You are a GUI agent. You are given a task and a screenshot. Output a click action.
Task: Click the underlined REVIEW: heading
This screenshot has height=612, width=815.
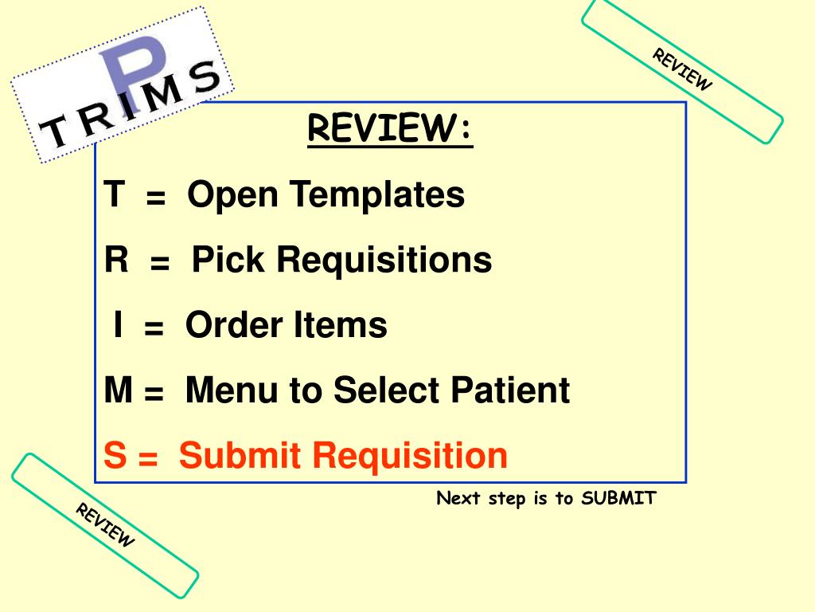pyautogui.click(x=390, y=129)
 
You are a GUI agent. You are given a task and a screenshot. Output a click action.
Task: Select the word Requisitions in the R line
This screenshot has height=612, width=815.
pyautogui.click(x=384, y=260)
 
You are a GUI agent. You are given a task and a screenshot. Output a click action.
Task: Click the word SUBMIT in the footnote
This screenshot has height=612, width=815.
pyautogui.click(x=618, y=499)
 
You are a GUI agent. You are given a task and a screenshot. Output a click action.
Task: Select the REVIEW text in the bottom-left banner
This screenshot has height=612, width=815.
pyautogui.click(x=106, y=525)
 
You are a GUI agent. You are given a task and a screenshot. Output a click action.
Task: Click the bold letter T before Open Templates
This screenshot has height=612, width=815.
pyautogui.click(x=115, y=194)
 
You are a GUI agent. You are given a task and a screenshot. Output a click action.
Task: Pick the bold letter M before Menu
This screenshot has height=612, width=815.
pyautogui.click(x=118, y=390)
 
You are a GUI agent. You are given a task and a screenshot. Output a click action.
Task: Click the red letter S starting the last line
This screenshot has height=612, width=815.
pyautogui.click(x=115, y=456)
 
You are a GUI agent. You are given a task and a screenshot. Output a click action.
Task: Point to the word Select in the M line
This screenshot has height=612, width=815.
pyautogui.click(x=388, y=390)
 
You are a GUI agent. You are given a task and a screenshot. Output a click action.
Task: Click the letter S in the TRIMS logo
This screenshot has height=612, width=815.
pyautogui.click(x=205, y=78)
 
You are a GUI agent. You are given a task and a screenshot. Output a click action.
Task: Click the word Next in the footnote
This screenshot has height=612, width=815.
pyautogui.click(x=458, y=499)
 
